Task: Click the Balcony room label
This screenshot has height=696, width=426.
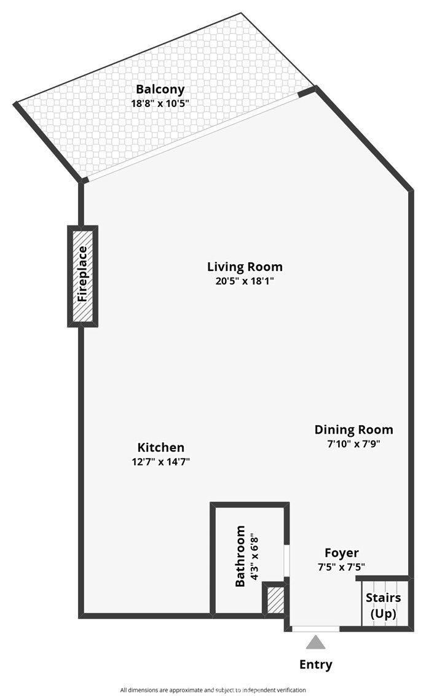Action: click(x=160, y=90)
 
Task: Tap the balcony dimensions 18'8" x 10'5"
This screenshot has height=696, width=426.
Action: click(x=160, y=103)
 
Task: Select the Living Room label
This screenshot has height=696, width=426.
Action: click(x=245, y=267)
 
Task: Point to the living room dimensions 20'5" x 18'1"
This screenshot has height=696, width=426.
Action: click(x=245, y=281)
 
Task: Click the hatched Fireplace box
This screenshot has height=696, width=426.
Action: click(x=82, y=276)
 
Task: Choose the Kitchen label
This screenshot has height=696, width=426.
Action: click(x=160, y=448)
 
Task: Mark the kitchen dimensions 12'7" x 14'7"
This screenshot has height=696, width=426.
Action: click(x=160, y=462)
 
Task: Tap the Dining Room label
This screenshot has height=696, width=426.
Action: click(x=353, y=430)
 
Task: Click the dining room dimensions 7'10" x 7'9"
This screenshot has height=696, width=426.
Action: click(x=353, y=444)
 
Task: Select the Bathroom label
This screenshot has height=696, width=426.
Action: click(x=240, y=556)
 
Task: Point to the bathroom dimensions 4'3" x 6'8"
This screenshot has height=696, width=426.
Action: click(x=254, y=556)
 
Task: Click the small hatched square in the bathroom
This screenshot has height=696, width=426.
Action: click(x=275, y=600)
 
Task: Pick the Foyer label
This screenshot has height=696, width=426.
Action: click(x=341, y=553)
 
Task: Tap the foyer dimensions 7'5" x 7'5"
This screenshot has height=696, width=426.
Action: click(x=341, y=567)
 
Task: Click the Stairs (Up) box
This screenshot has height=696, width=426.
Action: click(x=384, y=604)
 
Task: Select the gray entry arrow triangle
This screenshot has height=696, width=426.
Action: click(x=316, y=643)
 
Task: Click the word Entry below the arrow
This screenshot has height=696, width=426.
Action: click(x=316, y=664)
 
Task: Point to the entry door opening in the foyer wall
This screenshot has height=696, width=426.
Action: click(x=315, y=628)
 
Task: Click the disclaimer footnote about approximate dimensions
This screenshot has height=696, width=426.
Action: click(x=213, y=689)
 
